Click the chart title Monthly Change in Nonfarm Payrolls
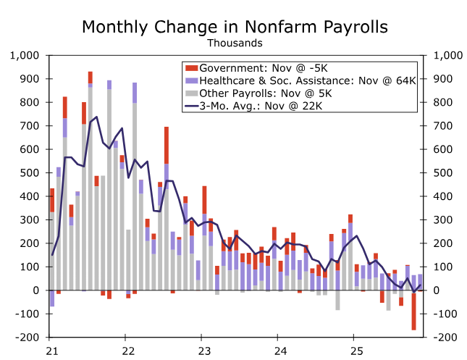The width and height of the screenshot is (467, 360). click(x=235, y=27)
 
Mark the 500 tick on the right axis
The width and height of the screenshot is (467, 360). click(x=443, y=172)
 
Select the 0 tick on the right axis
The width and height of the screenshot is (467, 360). click(x=437, y=290)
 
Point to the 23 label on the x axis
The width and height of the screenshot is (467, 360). click(x=204, y=351)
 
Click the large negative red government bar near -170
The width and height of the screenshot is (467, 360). click(x=413, y=312)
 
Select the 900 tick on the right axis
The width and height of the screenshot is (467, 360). click(x=443, y=78)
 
